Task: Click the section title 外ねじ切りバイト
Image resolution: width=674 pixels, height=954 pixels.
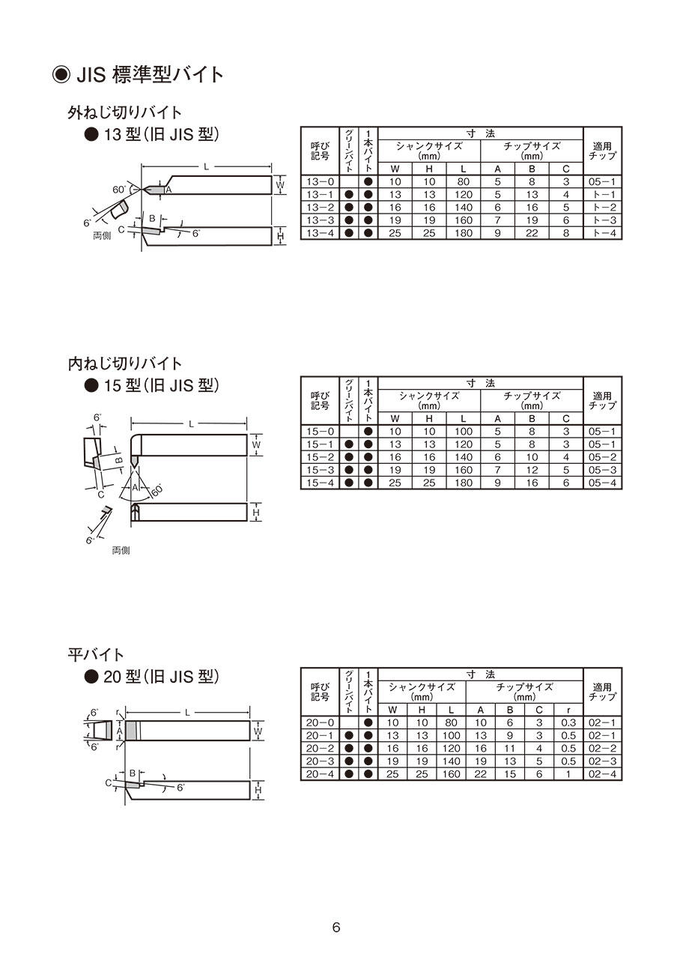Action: (125, 113)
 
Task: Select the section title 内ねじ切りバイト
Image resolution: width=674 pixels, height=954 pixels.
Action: (125, 363)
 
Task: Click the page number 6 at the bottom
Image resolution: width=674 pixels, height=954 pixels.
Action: (336, 928)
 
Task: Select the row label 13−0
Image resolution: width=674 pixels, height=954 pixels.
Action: (320, 182)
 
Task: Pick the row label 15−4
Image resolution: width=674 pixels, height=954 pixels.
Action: (320, 483)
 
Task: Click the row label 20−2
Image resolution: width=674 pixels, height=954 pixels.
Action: (320, 749)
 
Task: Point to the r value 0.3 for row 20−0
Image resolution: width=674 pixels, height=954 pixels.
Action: (568, 722)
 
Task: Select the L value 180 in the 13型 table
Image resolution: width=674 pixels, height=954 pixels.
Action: (464, 233)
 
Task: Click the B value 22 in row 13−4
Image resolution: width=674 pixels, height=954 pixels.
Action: (532, 233)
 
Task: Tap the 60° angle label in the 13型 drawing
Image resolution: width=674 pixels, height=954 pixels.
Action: (120, 190)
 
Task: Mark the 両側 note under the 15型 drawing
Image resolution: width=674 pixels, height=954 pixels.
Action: (121, 551)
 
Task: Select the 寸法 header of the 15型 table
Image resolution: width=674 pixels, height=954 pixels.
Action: (480, 383)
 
